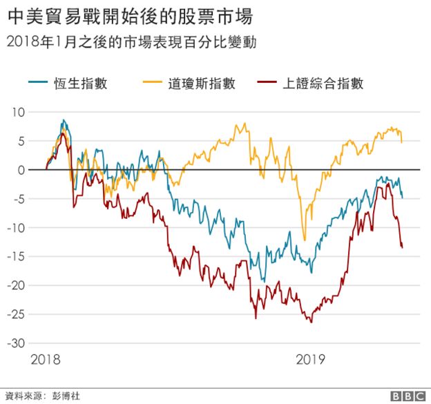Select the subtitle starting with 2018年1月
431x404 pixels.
(x=131, y=42)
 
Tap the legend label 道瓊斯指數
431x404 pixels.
(x=202, y=84)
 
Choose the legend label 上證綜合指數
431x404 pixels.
(x=323, y=84)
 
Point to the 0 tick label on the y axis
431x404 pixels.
(x=21, y=170)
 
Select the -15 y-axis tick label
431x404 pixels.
(x=16, y=256)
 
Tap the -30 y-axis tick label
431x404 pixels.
(x=16, y=343)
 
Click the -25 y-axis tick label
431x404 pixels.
(x=16, y=314)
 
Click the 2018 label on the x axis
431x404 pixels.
(x=46, y=360)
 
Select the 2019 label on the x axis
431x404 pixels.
(x=311, y=360)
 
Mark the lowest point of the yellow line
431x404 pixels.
(x=305, y=240)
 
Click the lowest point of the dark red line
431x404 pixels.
(x=311, y=322)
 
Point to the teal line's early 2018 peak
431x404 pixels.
(x=63, y=120)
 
